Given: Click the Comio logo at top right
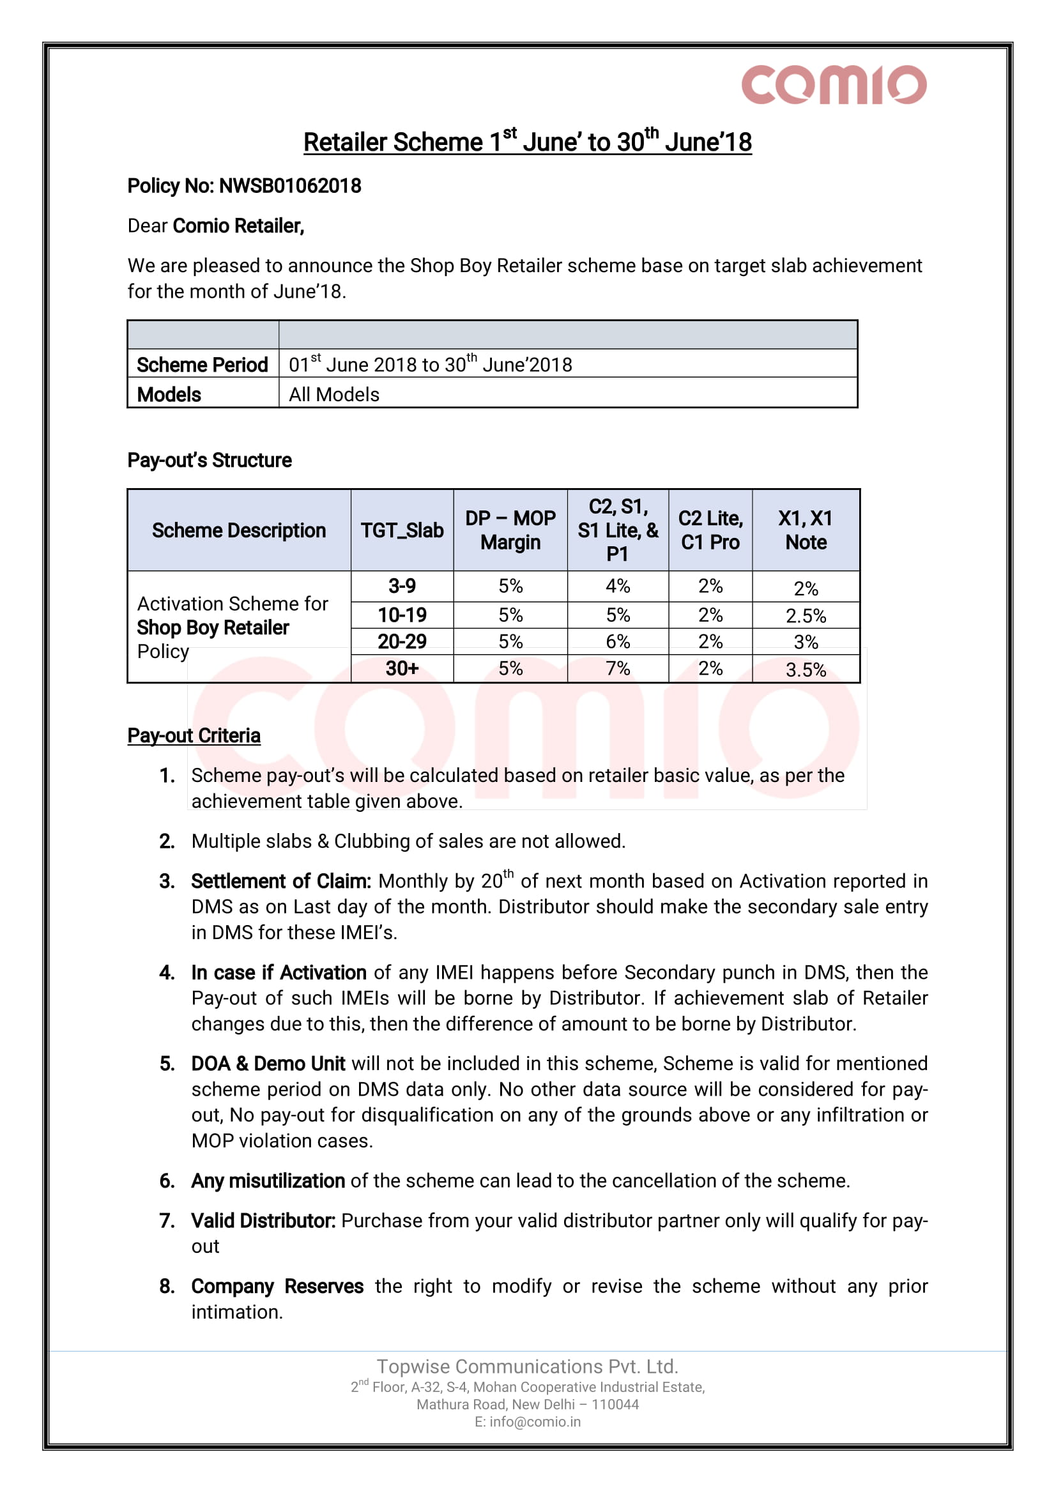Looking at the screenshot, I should (x=834, y=84).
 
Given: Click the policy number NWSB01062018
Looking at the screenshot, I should (x=290, y=186).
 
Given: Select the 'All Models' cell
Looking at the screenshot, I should (x=334, y=395).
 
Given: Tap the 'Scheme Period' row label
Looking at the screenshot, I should (x=203, y=365).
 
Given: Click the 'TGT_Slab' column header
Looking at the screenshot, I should (x=402, y=531).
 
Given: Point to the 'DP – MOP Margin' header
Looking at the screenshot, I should (x=510, y=531).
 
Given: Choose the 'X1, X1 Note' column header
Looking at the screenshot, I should (x=806, y=531).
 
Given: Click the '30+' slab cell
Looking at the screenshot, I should (x=402, y=668).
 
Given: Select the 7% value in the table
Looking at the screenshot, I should (x=618, y=668).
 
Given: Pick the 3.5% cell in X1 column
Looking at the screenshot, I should (x=806, y=670).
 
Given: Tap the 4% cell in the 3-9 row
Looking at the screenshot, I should (x=618, y=586).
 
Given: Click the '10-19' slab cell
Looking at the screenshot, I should (x=402, y=615).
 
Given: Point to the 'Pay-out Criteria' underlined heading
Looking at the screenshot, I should (x=194, y=735).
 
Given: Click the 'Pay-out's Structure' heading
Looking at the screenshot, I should (x=210, y=461).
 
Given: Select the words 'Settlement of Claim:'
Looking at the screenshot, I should (x=281, y=881).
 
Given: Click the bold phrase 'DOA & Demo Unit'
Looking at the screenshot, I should (x=268, y=1064).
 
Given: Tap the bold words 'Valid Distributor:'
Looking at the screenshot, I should (x=263, y=1221).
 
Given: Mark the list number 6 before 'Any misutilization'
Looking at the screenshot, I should (x=167, y=1181).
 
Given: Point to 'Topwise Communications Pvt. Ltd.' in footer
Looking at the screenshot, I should (x=527, y=1367).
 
